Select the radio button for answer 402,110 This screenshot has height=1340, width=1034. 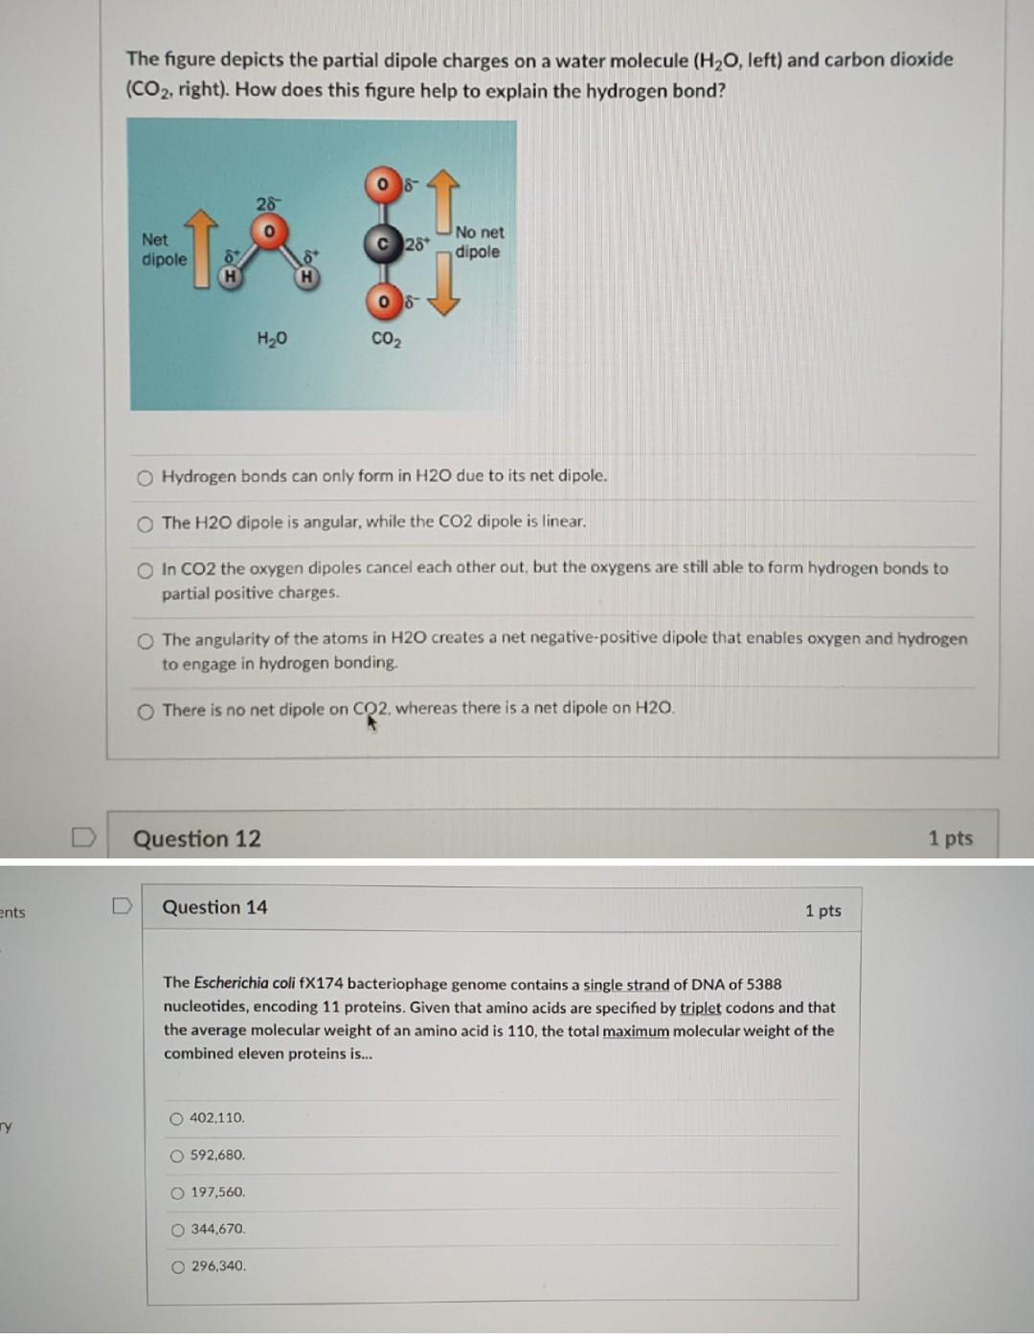click(x=177, y=1119)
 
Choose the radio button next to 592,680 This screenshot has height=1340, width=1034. click(x=177, y=1156)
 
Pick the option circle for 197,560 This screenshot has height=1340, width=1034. click(x=177, y=1193)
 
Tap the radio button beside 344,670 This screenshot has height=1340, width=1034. click(x=177, y=1230)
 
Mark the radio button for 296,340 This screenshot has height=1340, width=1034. click(x=177, y=1267)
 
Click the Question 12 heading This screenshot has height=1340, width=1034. click(x=196, y=839)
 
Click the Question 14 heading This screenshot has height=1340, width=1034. click(x=214, y=907)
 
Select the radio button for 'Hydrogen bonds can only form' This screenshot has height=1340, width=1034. click(x=145, y=477)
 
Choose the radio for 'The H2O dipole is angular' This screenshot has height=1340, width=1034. click(x=145, y=524)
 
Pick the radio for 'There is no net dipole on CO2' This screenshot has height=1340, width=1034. click(x=145, y=711)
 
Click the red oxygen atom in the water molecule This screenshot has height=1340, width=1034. click(x=270, y=232)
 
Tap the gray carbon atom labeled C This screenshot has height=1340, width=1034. click(x=383, y=244)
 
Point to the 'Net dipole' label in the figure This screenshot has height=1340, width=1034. click(x=164, y=250)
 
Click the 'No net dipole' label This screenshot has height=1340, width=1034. click(x=479, y=242)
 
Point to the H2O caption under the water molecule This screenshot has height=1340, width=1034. click(x=272, y=338)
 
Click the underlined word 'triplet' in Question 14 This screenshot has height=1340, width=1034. click(x=700, y=1008)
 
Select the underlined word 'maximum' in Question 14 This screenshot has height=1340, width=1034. click(x=636, y=1031)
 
